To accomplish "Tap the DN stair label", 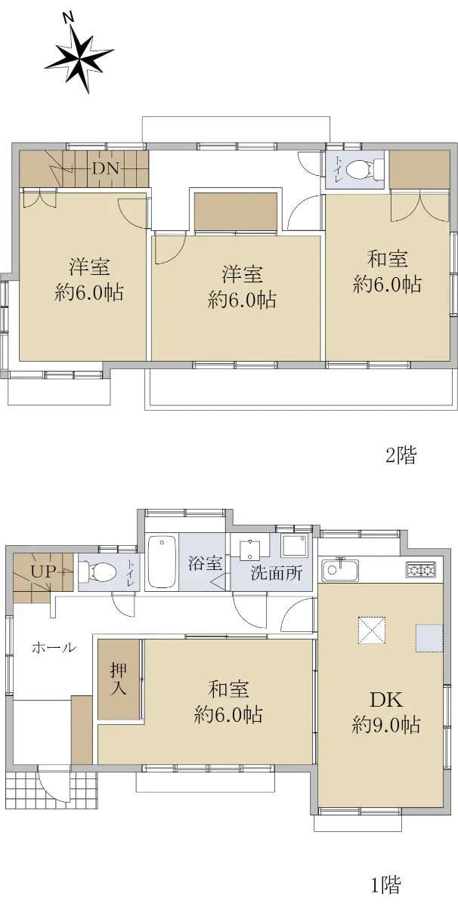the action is [x=106, y=168].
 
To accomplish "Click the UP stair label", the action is [x=43, y=572].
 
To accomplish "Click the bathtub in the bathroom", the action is [x=162, y=562].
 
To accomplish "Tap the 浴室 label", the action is [x=205, y=563].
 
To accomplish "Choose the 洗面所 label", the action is [x=276, y=573].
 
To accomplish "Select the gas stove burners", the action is [x=421, y=570].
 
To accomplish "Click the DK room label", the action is [x=386, y=699].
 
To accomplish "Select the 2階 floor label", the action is [x=401, y=456].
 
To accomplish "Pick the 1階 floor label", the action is [x=386, y=884].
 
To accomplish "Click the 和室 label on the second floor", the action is [x=387, y=259].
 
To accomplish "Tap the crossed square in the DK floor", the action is [x=371, y=630].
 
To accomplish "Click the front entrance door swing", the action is [x=53, y=782].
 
